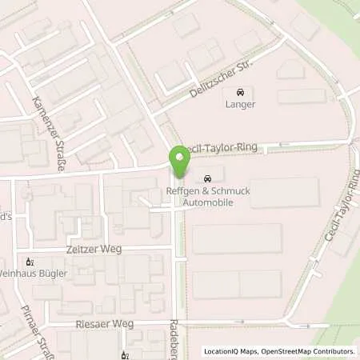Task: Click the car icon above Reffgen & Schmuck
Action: click(x=208, y=178)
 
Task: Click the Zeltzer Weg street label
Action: click(x=94, y=250)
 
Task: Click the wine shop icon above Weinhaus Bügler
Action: click(x=30, y=261)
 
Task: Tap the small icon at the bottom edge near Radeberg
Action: click(x=124, y=355)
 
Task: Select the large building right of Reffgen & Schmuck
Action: click(x=284, y=194)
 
